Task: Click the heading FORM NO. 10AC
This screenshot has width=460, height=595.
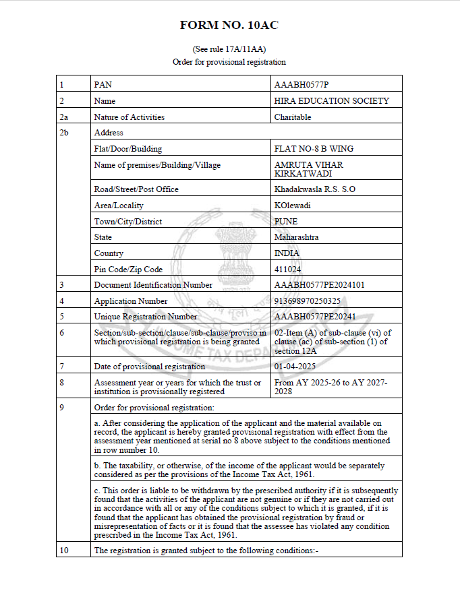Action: (229, 26)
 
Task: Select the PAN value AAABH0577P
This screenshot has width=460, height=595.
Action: (301, 85)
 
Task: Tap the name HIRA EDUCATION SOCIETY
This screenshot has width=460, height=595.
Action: (332, 101)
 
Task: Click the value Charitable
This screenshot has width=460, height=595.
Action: (293, 117)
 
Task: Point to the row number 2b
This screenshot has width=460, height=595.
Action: (64, 133)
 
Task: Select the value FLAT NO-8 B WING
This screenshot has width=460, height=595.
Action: (314, 149)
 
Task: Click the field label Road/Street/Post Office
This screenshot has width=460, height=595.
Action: (136, 189)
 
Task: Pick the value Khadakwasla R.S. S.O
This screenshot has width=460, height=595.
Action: (315, 189)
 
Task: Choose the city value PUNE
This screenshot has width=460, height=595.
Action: (286, 222)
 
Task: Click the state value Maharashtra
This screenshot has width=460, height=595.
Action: (297, 237)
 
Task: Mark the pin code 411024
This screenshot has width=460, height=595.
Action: (288, 270)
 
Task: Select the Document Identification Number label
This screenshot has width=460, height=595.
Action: (153, 285)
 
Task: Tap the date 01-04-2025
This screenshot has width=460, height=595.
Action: (295, 367)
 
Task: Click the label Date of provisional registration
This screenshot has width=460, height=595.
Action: (149, 367)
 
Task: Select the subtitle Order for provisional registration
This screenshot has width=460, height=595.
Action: (229, 62)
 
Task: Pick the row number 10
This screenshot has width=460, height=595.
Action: (64, 551)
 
